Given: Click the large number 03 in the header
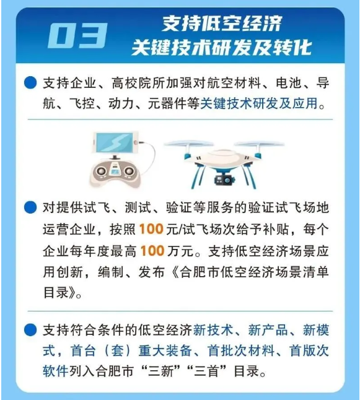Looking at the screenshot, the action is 77,36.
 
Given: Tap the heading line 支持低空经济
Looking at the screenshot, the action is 222,24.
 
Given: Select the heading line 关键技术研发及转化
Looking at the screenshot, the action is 222,47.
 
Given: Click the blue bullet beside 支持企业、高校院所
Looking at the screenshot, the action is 30,82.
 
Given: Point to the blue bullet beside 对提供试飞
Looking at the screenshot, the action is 30,207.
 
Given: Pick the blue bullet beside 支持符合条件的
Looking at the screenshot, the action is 30,329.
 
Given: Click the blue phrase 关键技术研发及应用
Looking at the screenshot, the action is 259,103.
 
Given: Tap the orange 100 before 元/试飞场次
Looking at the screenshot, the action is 151,229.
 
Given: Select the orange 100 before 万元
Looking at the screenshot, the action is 152,251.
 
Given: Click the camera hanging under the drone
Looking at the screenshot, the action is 224,180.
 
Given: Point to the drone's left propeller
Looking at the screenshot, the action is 188,144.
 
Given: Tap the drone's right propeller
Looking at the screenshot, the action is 260,144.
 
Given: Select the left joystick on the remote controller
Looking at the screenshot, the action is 101,170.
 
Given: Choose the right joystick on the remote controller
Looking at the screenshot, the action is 129,170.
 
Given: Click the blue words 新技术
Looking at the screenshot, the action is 213,330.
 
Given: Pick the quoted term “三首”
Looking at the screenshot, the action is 207,371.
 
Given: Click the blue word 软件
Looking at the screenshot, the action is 56,371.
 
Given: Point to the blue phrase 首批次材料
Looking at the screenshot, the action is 241,350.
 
